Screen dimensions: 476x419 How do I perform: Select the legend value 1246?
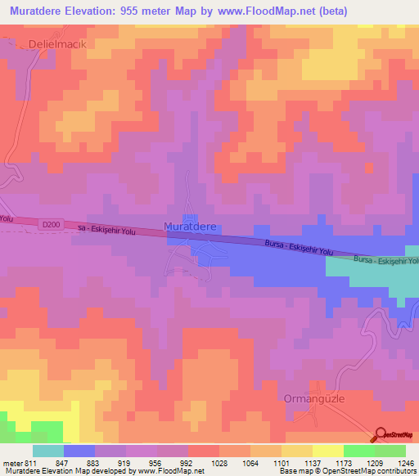[404, 463]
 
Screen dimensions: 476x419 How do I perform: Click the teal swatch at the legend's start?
[47, 451]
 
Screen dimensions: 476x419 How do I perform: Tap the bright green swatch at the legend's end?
[390, 451]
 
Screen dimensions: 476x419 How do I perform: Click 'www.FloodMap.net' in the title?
[256, 11]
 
